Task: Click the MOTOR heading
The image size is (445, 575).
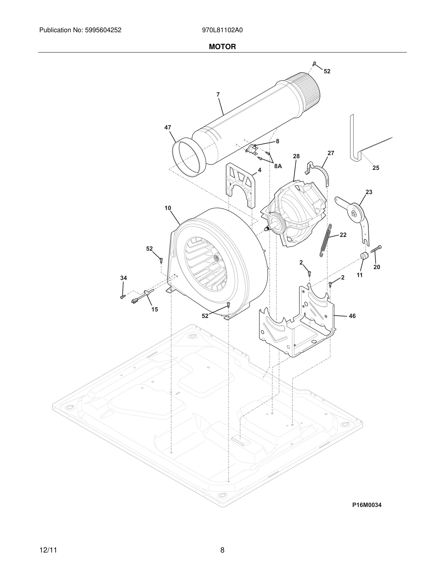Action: (222, 47)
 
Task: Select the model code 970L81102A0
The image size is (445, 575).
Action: (222, 30)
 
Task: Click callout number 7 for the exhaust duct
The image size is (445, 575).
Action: (218, 95)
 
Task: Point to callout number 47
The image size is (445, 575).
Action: (168, 128)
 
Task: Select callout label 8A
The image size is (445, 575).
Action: (278, 166)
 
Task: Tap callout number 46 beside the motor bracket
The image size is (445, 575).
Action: (352, 316)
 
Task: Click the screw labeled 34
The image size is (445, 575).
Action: (122, 297)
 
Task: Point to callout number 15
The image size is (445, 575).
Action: (154, 309)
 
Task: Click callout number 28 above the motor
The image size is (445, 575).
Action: (296, 156)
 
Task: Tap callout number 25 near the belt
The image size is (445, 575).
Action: (376, 168)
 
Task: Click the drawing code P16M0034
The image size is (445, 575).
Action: (367, 505)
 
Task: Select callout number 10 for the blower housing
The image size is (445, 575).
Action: (168, 208)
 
